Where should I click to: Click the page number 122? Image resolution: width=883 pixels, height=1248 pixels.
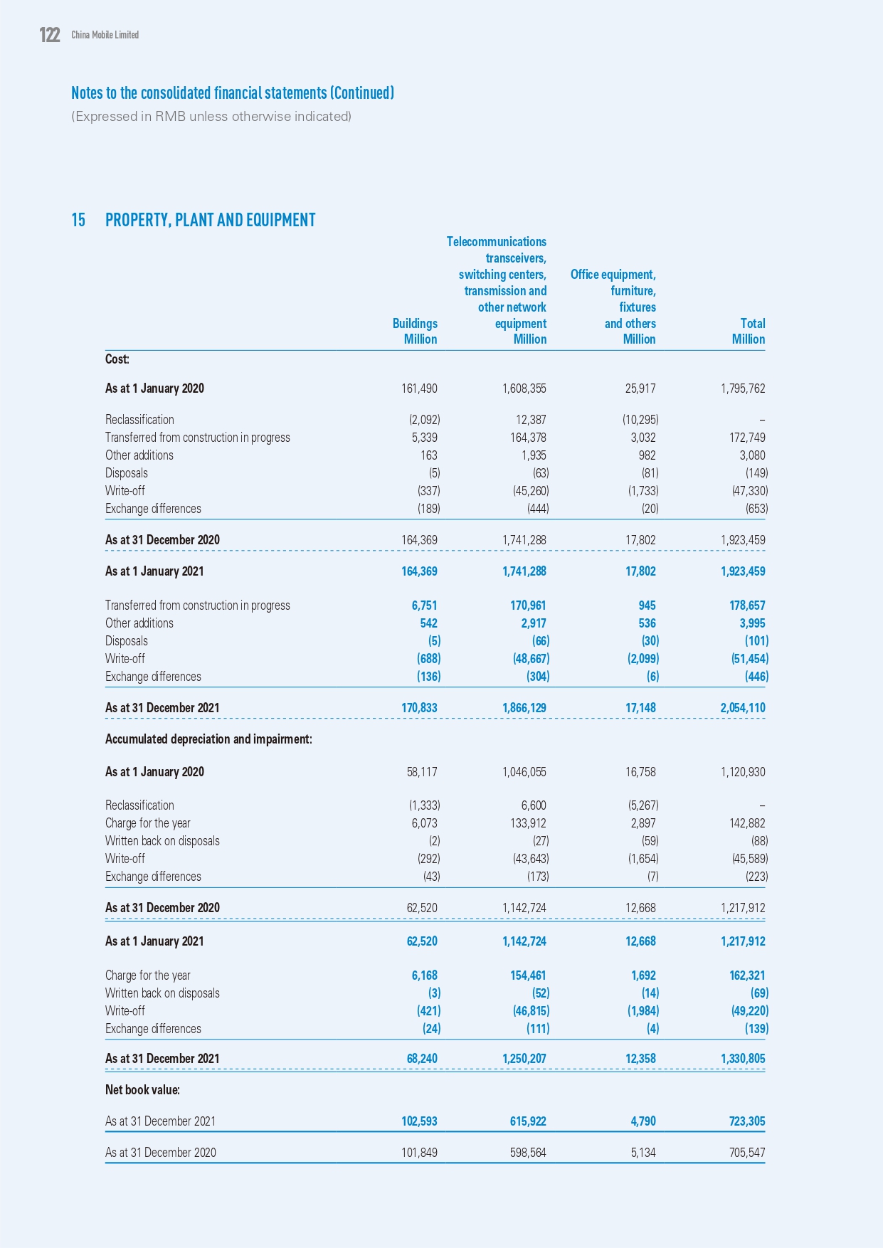click(x=50, y=35)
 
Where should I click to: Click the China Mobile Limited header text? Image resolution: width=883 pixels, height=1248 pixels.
click(x=105, y=35)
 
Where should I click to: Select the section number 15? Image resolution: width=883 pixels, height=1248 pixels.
click(x=78, y=220)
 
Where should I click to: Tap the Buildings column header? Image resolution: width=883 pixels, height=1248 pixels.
click(x=415, y=324)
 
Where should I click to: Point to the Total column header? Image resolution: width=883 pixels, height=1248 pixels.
click(x=752, y=324)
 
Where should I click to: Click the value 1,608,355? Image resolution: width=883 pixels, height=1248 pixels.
click(x=524, y=388)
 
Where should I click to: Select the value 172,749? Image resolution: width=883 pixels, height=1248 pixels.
click(x=746, y=438)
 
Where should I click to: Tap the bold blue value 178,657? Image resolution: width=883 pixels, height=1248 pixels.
click(x=746, y=606)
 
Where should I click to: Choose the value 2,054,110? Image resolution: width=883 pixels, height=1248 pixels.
click(x=742, y=708)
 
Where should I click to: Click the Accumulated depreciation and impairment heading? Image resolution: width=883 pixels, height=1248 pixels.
click(x=208, y=739)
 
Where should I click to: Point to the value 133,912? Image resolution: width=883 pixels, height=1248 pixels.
click(x=527, y=823)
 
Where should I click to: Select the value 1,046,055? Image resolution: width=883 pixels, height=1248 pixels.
click(x=524, y=772)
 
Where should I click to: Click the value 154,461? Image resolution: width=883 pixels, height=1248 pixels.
click(x=527, y=975)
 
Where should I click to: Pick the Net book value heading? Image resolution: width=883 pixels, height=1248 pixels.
click(x=142, y=1090)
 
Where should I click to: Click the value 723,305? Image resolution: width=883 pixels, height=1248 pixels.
click(x=746, y=1121)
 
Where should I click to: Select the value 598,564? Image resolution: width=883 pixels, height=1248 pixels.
click(x=527, y=1153)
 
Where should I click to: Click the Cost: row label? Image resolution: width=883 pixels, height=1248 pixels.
click(x=117, y=359)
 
